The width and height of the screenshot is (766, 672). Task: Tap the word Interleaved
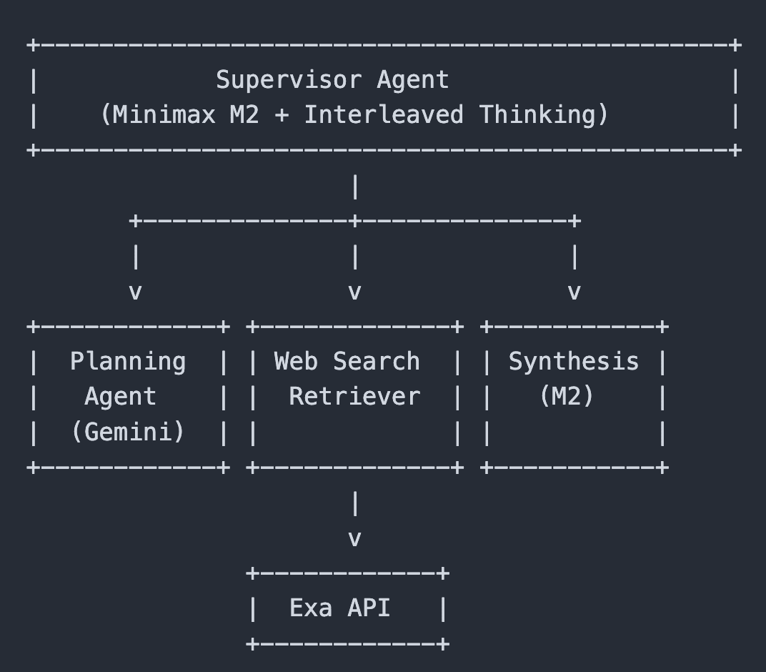(x=384, y=114)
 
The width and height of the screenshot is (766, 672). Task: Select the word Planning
(x=128, y=361)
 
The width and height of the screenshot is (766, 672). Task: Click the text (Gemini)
(x=128, y=431)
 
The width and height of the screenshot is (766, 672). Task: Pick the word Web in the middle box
(x=296, y=361)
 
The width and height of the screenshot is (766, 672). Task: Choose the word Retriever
(x=354, y=396)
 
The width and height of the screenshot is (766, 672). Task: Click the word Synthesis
(x=574, y=361)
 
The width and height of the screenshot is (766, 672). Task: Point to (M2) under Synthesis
(x=567, y=396)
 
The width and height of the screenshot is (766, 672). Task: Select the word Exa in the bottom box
(x=311, y=608)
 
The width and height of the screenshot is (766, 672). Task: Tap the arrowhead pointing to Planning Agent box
(x=135, y=292)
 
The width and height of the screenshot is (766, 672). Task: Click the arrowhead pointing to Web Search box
(x=354, y=292)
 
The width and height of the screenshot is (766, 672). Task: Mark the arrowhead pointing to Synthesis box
(x=574, y=292)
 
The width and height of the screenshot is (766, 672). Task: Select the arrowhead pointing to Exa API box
(x=354, y=538)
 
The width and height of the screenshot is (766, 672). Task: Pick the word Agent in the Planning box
(x=121, y=396)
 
